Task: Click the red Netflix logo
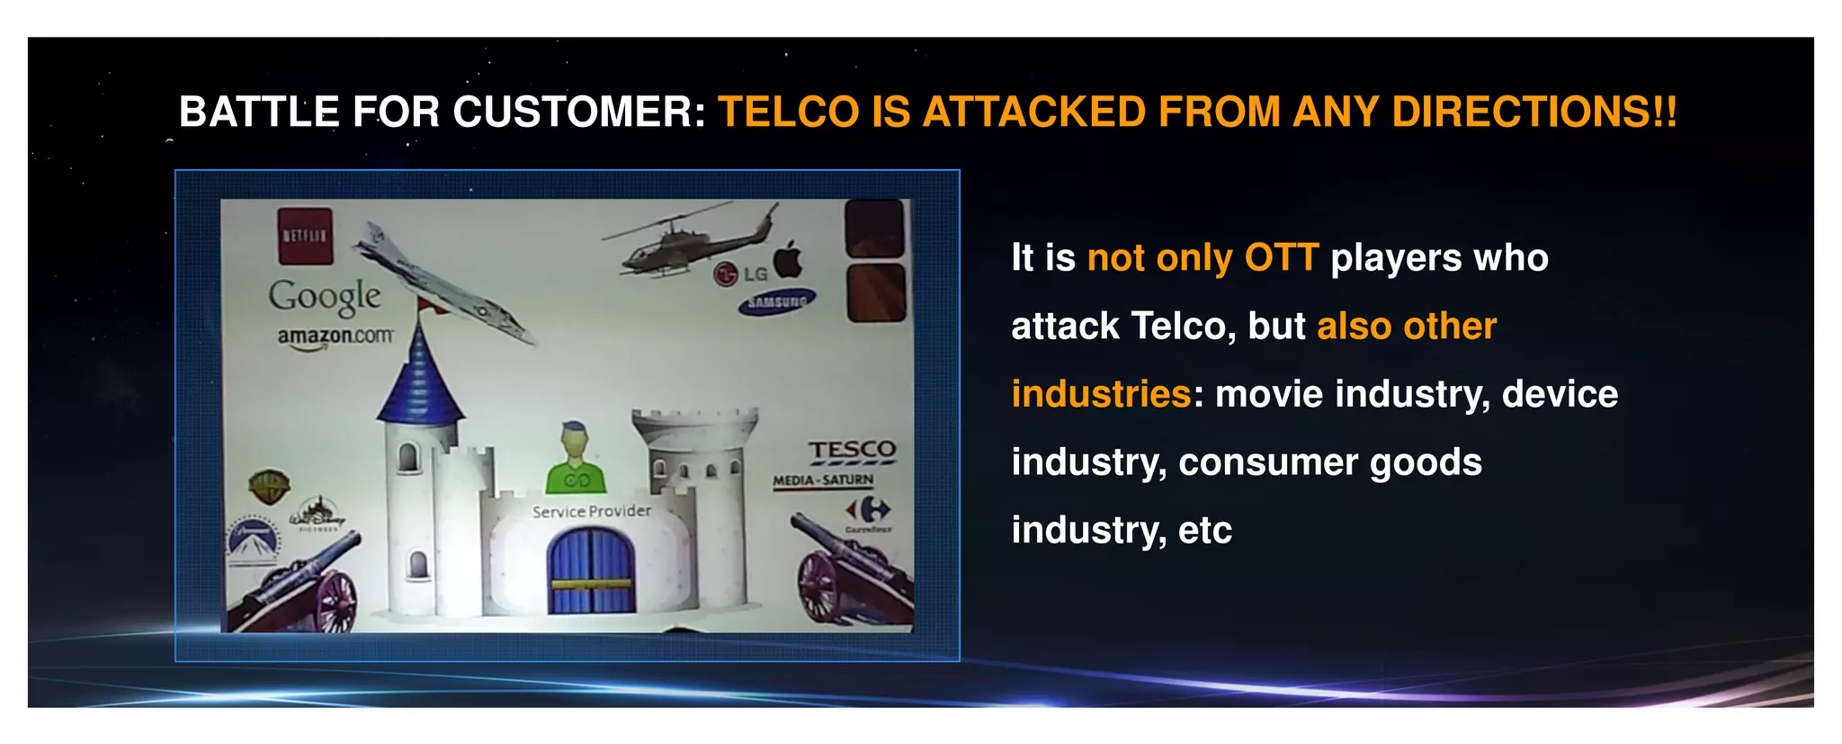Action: (305, 237)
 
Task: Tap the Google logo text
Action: (324, 296)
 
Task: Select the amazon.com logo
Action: (335, 336)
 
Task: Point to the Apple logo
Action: (789, 259)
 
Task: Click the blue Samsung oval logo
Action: (777, 302)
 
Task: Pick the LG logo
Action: (739, 273)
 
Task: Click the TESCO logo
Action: (851, 450)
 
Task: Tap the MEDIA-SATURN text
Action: (823, 480)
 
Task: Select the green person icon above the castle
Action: (576, 459)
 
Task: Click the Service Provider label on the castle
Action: (591, 511)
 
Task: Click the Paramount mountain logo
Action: (253, 540)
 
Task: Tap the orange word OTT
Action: (1281, 258)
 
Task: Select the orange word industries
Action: (1101, 394)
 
